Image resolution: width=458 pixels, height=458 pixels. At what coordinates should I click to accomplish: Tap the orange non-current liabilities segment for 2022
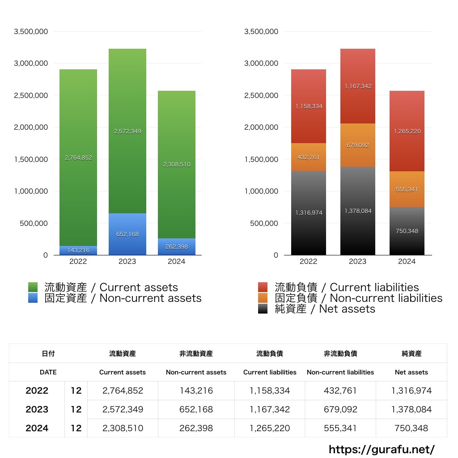tap(308, 157)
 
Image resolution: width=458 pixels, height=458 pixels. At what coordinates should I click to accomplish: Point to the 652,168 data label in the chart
tap(127, 234)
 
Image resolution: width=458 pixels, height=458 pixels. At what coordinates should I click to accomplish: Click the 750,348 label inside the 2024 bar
tap(407, 231)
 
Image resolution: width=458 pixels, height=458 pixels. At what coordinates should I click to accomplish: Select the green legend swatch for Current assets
tap(33, 287)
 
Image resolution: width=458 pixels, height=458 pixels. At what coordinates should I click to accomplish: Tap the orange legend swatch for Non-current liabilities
tap(263, 298)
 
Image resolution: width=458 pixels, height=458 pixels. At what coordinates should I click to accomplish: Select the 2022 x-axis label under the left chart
tap(78, 262)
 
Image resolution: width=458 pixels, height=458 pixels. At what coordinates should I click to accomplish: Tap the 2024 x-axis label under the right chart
tap(407, 262)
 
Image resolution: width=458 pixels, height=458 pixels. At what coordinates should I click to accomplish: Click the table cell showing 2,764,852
tap(123, 390)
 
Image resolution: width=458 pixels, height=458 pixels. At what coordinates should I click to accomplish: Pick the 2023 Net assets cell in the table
tap(411, 409)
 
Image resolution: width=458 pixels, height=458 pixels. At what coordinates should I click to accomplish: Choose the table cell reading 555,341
tap(340, 428)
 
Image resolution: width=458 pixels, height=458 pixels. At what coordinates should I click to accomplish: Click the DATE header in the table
tap(48, 372)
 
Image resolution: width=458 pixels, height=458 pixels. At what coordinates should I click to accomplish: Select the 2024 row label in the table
tap(37, 428)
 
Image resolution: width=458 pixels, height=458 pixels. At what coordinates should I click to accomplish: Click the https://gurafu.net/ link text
tap(382, 449)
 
